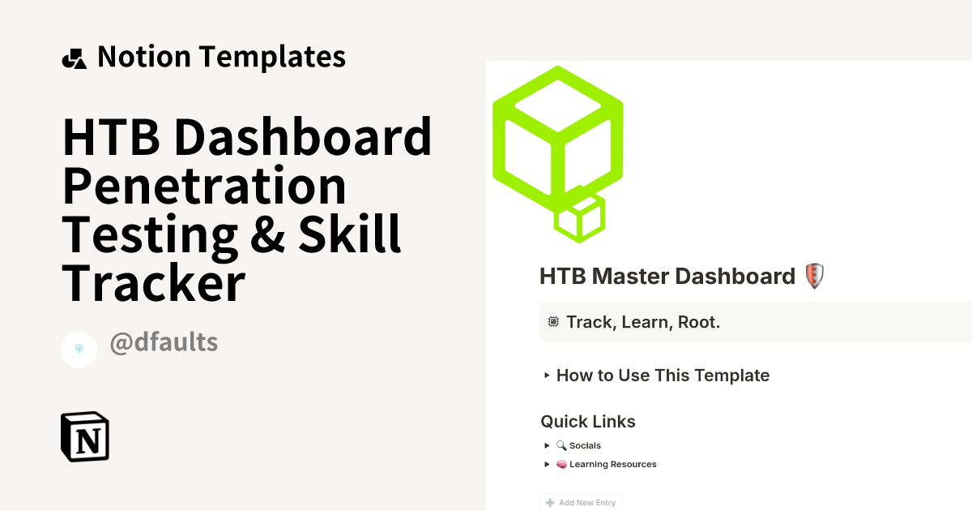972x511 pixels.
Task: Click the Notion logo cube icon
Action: pos(85,436)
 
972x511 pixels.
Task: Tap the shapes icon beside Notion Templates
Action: pos(74,58)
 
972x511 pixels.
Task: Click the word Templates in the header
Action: pos(271,57)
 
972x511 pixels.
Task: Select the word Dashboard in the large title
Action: pos(302,138)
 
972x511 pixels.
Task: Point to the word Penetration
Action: pos(204,187)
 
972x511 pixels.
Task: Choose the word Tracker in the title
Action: pos(154,284)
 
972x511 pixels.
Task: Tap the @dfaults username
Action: pos(164,342)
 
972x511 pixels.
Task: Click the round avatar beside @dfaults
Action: pos(79,350)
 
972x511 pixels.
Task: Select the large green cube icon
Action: pos(558,134)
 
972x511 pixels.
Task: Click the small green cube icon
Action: pos(580,217)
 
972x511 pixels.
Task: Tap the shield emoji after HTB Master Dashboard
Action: pos(815,277)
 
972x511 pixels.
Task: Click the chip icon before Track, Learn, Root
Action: pos(554,322)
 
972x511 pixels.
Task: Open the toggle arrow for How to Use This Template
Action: pos(548,376)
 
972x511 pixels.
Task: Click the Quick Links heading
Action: pos(588,422)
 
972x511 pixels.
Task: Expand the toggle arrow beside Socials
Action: pos(548,445)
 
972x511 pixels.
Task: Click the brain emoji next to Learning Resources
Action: pos(561,465)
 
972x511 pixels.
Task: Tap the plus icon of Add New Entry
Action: pos(550,503)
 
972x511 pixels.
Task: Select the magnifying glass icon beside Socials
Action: pos(561,445)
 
